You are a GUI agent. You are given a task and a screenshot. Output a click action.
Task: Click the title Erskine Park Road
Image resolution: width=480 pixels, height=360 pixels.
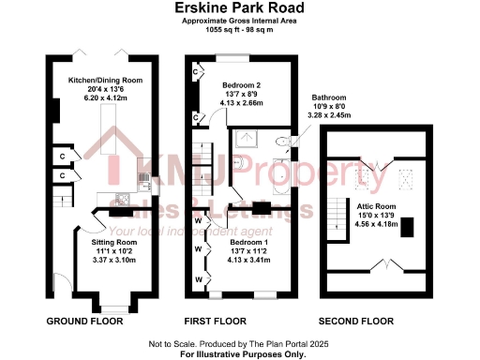[239, 7]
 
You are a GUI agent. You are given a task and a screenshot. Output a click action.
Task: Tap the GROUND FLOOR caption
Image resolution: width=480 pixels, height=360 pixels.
[85, 321]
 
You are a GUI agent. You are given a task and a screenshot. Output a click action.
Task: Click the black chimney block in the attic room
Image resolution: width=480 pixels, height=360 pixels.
[406, 232]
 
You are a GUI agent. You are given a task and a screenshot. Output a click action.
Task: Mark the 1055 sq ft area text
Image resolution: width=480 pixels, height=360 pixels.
[239, 28]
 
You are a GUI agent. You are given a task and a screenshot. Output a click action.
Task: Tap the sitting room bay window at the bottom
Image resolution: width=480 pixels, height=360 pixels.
[113, 307]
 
